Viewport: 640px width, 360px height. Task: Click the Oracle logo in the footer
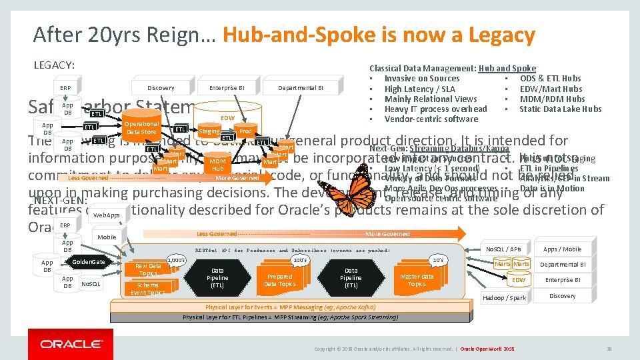(x=71, y=344)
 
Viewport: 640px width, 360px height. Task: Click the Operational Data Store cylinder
(x=141, y=128)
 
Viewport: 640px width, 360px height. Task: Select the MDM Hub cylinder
(x=217, y=165)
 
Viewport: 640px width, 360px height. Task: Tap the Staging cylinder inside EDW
(x=210, y=132)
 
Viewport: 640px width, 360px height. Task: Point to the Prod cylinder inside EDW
(x=245, y=132)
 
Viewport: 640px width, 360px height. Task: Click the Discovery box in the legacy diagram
(x=161, y=87)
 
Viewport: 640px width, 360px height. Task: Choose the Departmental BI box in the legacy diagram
(x=301, y=87)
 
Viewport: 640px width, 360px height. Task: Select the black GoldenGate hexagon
(x=88, y=262)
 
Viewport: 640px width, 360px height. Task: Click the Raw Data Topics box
(x=148, y=269)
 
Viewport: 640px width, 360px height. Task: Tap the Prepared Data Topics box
(x=279, y=280)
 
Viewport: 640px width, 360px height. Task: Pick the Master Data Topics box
(x=416, y=280)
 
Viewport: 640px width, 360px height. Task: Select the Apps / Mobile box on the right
(x=562, y=249)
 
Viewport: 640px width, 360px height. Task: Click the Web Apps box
(x=107, y=215)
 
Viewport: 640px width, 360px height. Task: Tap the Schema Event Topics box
(x=147, y=289)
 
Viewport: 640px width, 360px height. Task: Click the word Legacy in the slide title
(x=488, y=34)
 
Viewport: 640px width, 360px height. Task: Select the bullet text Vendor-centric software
(x=431, y=119)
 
